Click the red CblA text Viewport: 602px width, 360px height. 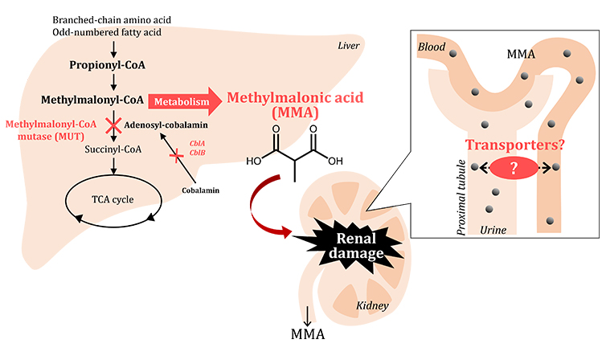pyautogui.click(x=196, y=144)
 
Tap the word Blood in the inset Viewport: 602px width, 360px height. pyautogui.click(x=432, y=48)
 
